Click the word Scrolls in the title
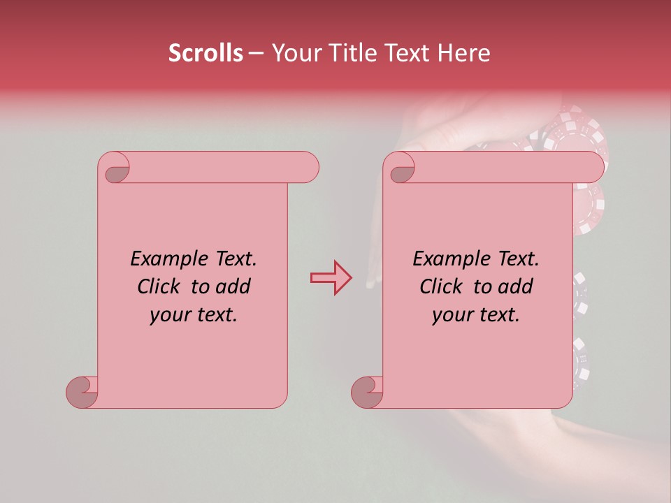[205, 53]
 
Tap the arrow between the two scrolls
[330, 278]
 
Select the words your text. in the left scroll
[194, 315]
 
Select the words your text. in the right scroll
[476, 315]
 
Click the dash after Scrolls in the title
[257, 53]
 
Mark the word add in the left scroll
[233, 286]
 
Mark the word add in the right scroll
[515, 286]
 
